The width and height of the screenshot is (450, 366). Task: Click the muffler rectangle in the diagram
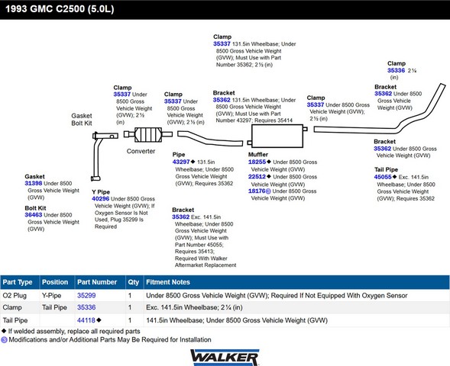coord(277,136)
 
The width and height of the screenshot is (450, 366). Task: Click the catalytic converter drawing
coord(148,134)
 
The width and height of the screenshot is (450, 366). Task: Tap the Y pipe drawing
coord(99,156)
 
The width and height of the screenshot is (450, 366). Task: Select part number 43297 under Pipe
coord(181,162)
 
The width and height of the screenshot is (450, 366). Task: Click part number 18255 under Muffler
coord(257,162)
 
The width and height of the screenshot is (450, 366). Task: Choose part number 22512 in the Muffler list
coord(257,177)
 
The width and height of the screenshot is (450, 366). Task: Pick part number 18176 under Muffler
coord(257,191)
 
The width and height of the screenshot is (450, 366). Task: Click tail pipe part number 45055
coord(383,177)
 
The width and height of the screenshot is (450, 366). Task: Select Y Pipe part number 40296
coord(100,199)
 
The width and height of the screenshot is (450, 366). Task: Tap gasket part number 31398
coord(34,183)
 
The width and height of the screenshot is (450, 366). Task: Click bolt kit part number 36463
coord(34,215)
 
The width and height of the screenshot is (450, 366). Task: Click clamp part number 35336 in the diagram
coord(396,70)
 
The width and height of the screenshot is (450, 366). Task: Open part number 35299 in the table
coord(86,295)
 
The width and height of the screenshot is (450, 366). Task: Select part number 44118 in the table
coord(86,320)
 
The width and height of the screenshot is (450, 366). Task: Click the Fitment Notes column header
coord(168,282)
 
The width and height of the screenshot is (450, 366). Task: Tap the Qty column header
coord(134,282)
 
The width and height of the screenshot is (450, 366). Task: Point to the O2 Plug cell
coord(15,296)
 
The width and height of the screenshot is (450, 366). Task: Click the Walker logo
coord(225,357)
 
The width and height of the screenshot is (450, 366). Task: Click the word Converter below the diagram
coord(141,151)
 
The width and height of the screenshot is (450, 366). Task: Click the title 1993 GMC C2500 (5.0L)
coord(60,9)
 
